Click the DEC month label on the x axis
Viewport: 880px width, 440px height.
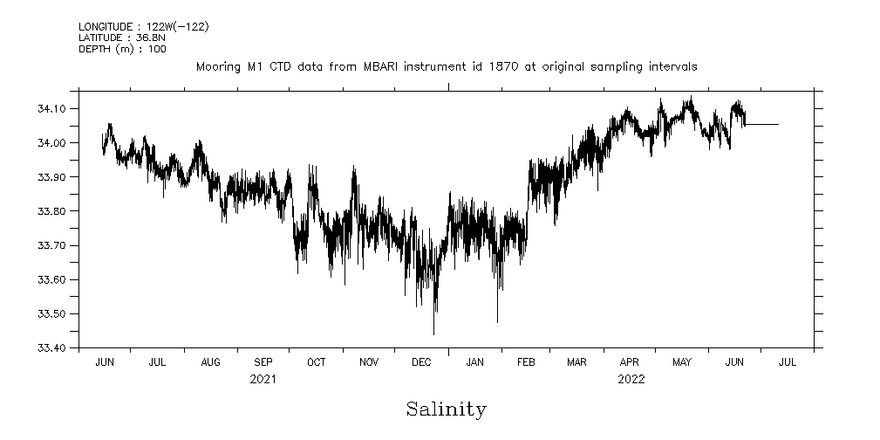421,361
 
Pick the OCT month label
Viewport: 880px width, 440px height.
316,361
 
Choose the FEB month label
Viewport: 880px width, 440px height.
526,361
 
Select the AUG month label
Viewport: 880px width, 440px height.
210,361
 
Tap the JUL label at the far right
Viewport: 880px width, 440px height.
787,361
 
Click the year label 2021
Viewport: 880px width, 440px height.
263,379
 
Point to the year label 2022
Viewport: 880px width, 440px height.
631,379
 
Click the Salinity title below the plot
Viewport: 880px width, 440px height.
446,409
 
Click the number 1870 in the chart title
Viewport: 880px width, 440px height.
489,66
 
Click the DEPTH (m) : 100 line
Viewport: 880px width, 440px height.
122,49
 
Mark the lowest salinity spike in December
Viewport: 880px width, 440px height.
433,333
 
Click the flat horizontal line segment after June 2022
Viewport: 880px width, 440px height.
761,125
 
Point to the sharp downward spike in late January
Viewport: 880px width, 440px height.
497,320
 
